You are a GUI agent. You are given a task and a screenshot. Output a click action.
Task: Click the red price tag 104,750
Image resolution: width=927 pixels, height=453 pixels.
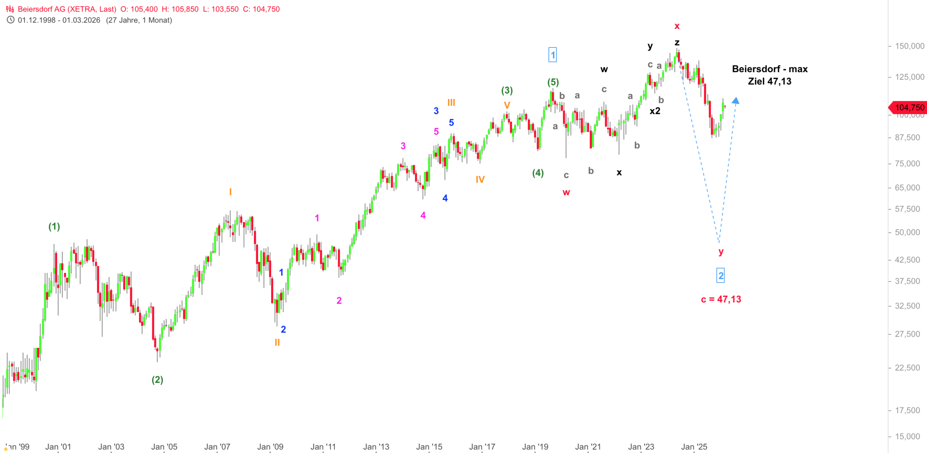click(x=909, y=107)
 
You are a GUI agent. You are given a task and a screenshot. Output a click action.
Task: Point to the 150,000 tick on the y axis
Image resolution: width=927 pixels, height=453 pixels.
click(x=910, y=46)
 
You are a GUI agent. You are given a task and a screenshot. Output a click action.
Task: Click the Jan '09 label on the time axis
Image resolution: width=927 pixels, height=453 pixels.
click(x=270, y=447)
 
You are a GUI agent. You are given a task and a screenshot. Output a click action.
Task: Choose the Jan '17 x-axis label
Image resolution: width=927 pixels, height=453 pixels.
click(x=482, y=447)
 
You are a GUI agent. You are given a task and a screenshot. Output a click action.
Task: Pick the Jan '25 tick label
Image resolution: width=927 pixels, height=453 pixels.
click(x=694, y=447)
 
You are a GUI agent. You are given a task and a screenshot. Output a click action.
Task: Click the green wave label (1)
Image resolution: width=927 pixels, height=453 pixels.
click(x=54, y=226)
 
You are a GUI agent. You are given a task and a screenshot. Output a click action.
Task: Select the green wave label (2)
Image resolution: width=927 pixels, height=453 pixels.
click(x=157, y=380)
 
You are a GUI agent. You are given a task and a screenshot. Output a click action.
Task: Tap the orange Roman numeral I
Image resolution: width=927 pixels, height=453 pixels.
click(x=230, y=192)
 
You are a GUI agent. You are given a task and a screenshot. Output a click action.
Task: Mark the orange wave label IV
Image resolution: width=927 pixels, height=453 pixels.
click(x=480, y=180)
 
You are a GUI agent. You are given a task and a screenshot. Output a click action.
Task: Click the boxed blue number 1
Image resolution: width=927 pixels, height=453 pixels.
click(x=552, y=55)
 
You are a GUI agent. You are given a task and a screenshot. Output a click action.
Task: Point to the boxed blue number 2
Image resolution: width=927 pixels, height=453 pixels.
click(x=720, y=276)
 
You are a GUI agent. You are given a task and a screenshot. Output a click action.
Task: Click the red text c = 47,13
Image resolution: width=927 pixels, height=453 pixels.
click(x=721, y=299)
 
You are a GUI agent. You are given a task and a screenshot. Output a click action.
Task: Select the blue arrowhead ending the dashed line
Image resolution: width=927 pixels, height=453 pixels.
click(x=735, y=100)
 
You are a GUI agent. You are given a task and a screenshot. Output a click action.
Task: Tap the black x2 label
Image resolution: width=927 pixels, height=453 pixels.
click(x=655, y=111)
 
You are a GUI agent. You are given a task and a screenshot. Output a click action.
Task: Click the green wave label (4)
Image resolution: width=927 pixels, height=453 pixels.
click(x=538, y=173)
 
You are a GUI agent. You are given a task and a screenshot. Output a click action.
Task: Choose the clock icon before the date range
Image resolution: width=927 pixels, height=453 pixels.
click(x=10, y=20)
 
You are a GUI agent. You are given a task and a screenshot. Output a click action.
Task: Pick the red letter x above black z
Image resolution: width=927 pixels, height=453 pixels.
click(x=677, y=26)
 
